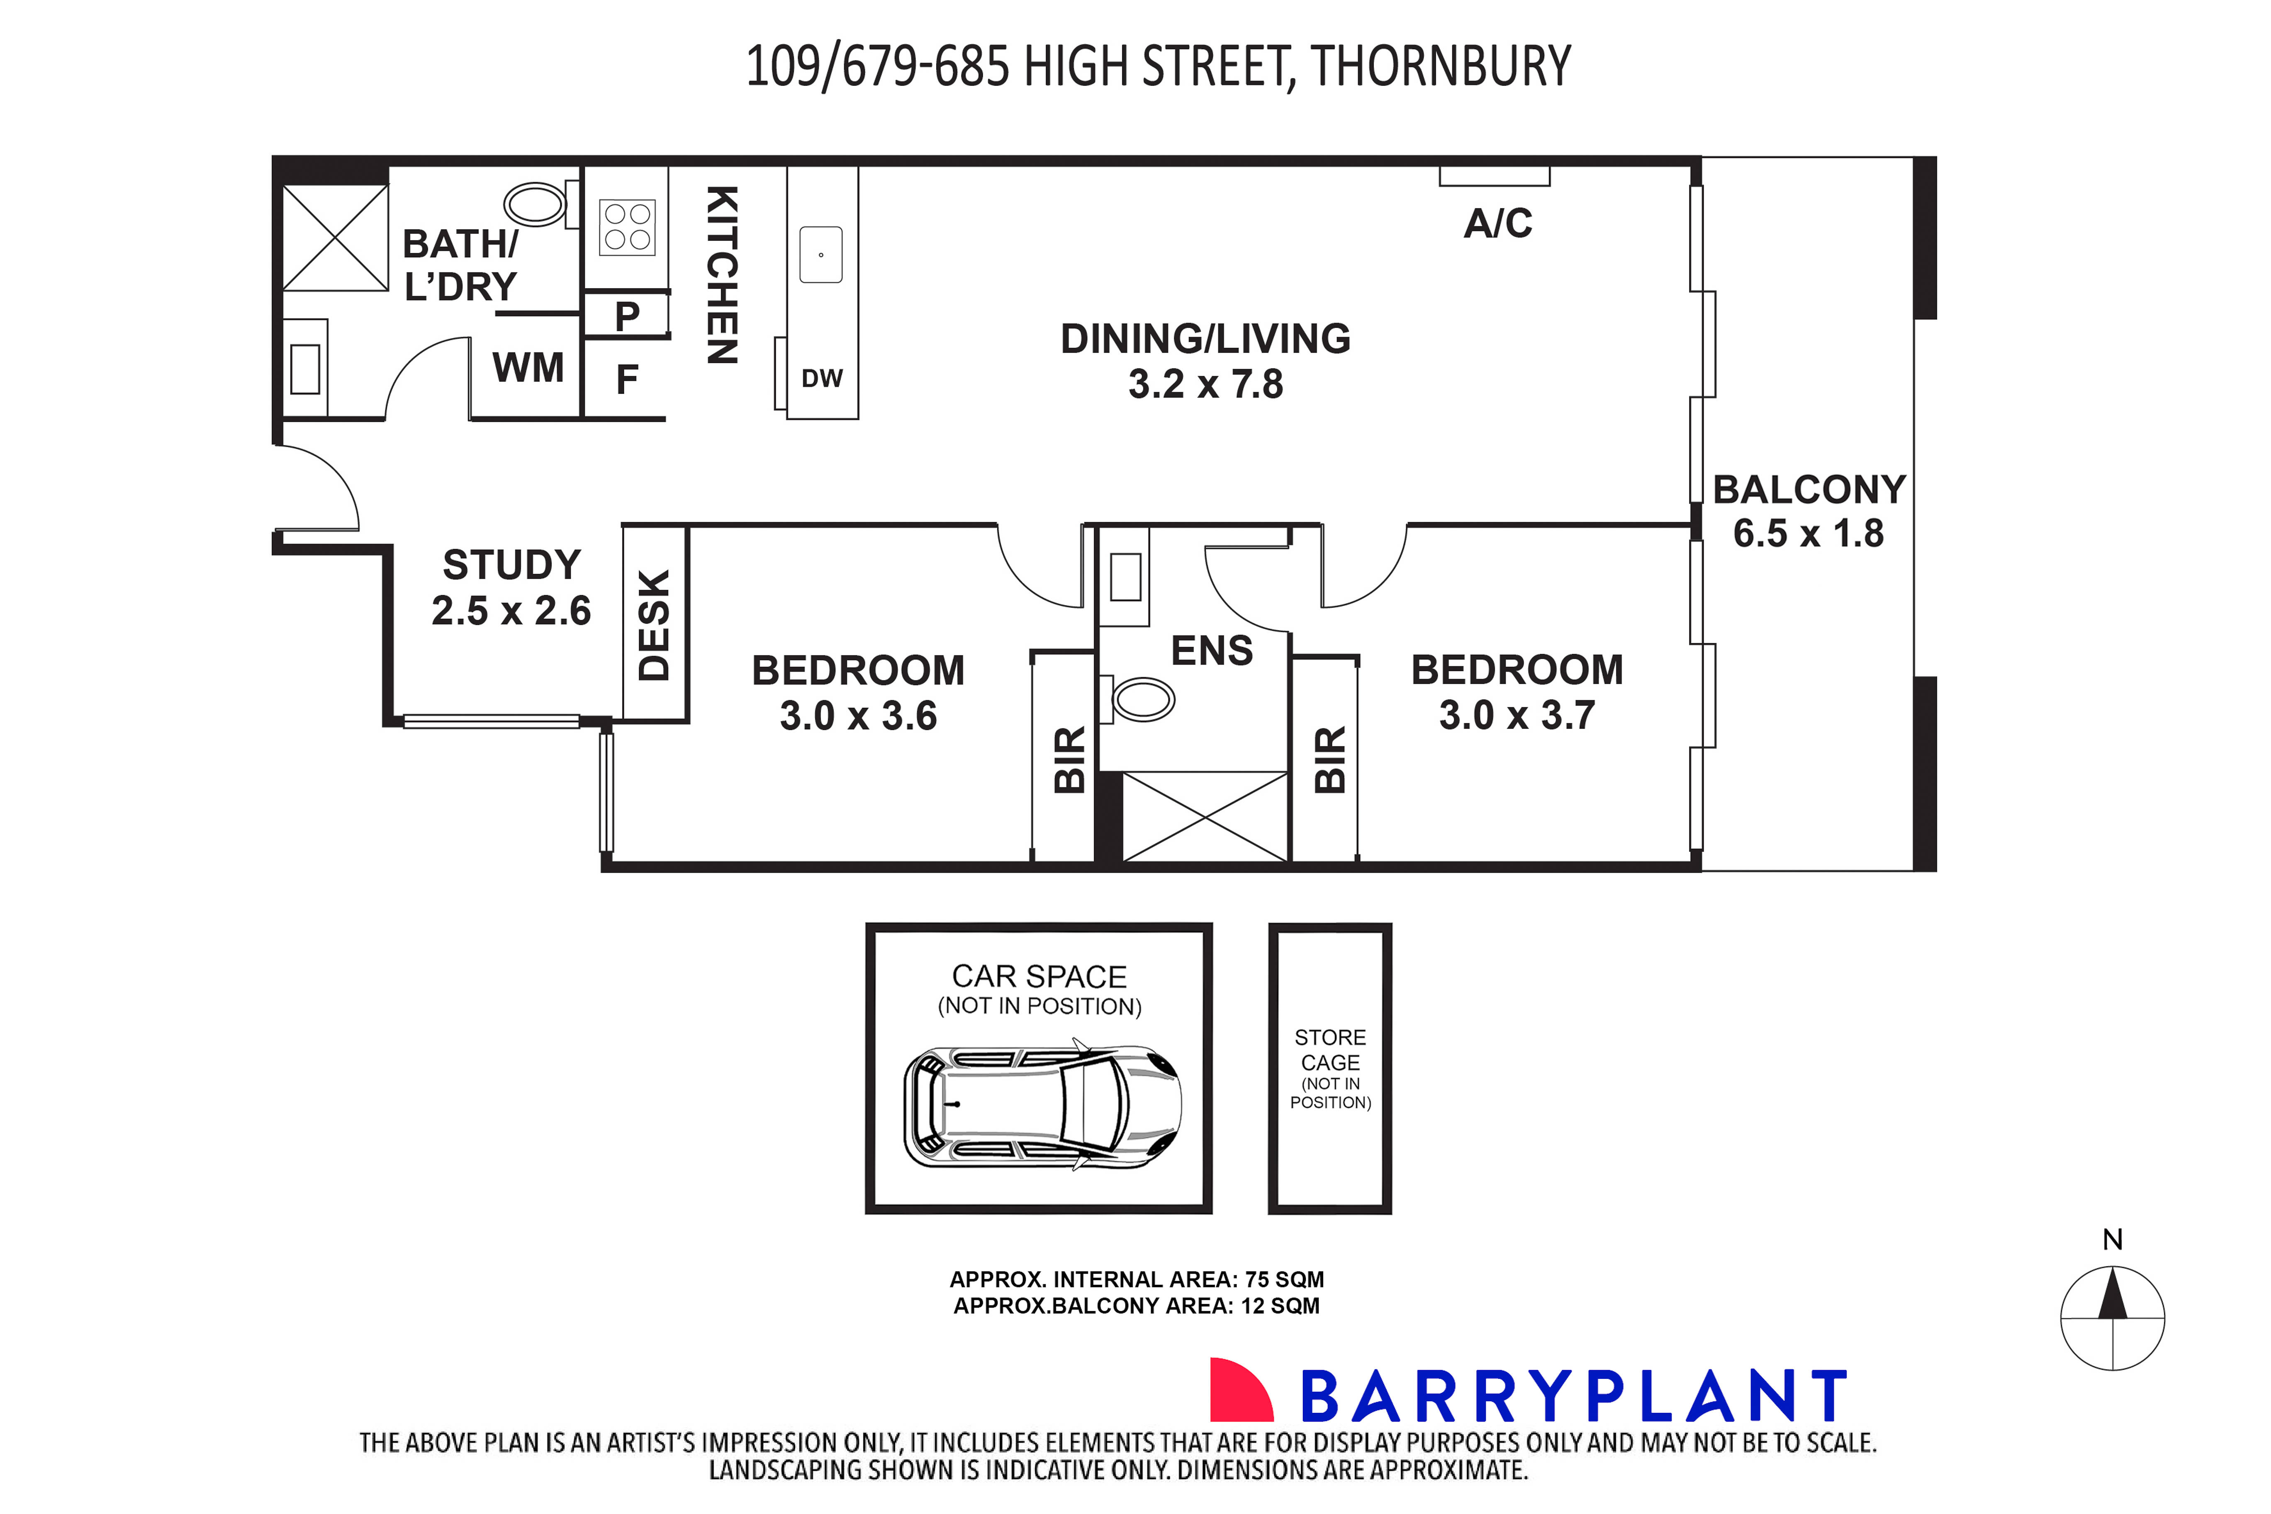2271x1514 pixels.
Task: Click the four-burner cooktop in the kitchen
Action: (627, 228)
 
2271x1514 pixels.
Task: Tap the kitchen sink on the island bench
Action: (821, 255)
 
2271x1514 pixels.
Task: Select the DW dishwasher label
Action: (822, 378)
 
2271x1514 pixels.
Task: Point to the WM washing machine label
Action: (528, 368)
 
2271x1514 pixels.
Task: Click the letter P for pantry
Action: (627, 316)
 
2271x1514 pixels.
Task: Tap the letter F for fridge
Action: (627, 379)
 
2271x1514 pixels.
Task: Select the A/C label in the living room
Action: (1497, 224)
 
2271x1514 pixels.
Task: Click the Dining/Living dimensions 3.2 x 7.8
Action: (1205, 384)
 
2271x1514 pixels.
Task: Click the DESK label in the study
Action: (654, 625)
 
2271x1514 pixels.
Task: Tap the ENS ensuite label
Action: (1211, 651)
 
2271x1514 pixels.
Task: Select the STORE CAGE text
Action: (1330, 1050)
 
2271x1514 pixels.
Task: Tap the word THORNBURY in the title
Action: (1440, 67)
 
